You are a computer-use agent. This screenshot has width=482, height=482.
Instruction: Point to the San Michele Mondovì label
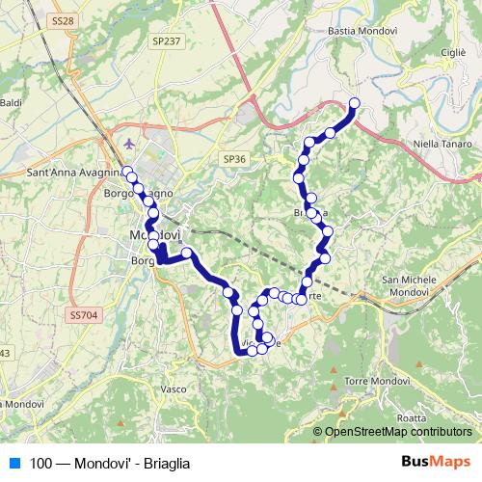pyautogui.click(x=417, y=285)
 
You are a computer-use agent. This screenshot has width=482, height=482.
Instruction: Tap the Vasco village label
pyautogui.click(x=174, y=389)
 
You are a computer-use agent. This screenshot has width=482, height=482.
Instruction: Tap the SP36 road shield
pyautogui.click(x=234, y=158)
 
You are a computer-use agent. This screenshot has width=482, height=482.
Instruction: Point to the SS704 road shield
pyautogui.click(x=84, y=314)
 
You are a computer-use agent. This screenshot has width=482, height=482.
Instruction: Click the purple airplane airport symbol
pyautogui.click(x=131, y=144)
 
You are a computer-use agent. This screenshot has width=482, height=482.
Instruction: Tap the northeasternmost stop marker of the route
pyautogui.click(x=355, y=103)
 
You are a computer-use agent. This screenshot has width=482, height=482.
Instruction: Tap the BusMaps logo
pyautogui.click(x=438, y=462)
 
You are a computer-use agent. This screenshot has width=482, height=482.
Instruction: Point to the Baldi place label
pyautogui.click(x=11, y=102)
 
